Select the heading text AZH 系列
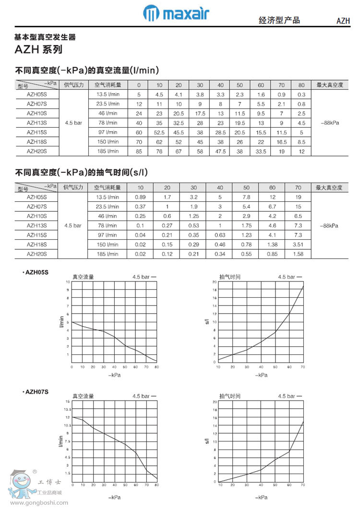point(38,49)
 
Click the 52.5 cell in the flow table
point(159,132)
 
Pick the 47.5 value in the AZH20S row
point(220,151)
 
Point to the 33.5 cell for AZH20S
point(261,151)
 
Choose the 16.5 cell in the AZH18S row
point(281,142)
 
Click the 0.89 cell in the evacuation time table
point(140,197)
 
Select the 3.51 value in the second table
point(298,244)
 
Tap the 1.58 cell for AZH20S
point(298,254)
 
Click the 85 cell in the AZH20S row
point(139,151)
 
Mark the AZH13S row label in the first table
point(36,122)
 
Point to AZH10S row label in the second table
point(36,216)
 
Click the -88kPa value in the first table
point(329,122)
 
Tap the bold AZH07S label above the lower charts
point(36,392)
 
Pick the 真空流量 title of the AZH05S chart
point(83,277)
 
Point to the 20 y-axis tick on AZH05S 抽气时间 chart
point(214,281)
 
